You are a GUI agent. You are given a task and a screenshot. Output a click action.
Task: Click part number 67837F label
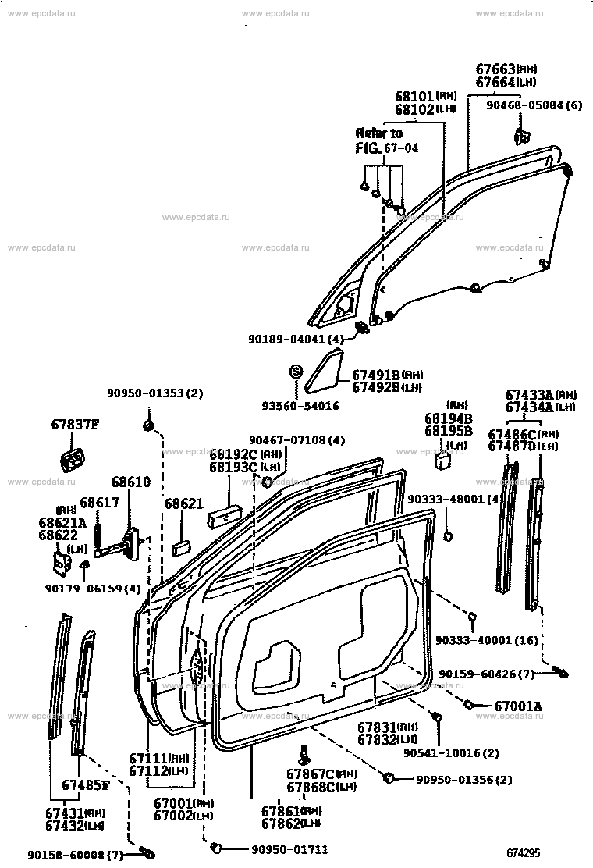click(x=76, y=425)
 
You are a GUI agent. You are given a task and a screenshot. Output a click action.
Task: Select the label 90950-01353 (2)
click(x=154, y=393)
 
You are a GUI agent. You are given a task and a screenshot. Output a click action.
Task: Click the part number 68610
click(x=130, y=483)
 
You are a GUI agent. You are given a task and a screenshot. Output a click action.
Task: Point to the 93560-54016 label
click(x=300, y=406)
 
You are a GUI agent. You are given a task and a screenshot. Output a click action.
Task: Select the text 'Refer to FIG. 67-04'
click(x=385, y=141)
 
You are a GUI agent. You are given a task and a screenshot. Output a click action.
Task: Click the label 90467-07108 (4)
click(x=296, y=440)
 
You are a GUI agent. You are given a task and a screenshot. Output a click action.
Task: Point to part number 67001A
click(x=518, y=706)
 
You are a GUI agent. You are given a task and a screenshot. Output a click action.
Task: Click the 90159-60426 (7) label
click(x=486, y=674)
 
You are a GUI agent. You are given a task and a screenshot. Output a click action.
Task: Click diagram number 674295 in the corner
click(x=524, y=852)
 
